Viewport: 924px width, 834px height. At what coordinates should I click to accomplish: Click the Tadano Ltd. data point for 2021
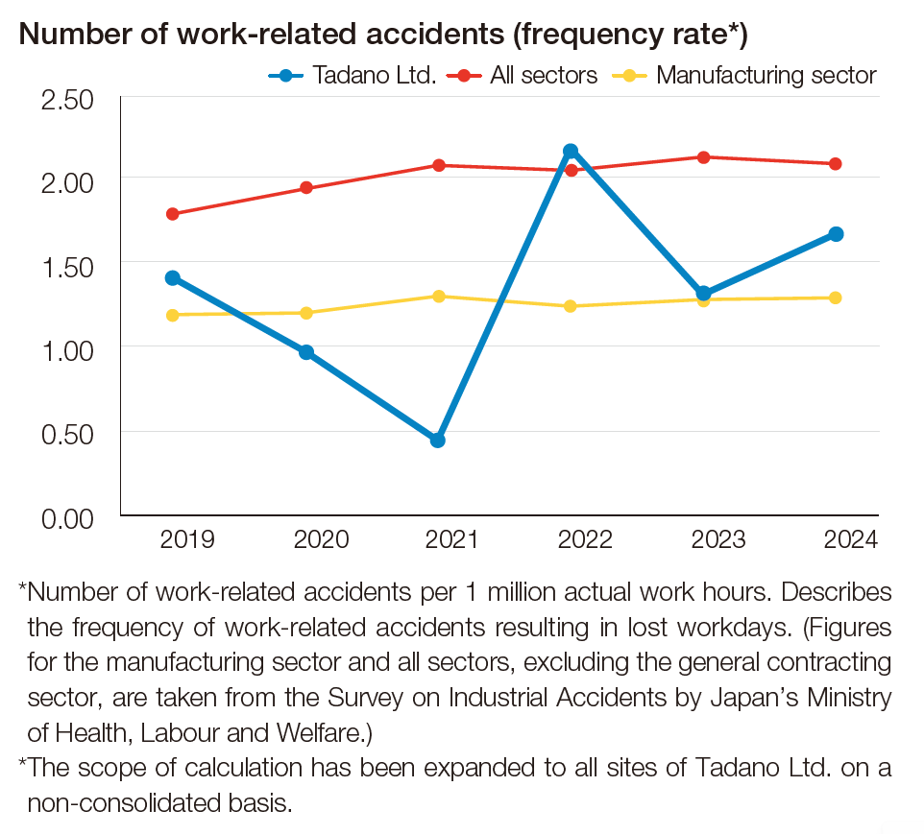(438, 441)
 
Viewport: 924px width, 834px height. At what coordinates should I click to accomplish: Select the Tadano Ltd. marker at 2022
(571, 151)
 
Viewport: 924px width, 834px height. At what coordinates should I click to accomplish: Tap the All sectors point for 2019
(173, 214)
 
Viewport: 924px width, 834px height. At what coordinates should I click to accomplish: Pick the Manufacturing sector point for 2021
(438, 296)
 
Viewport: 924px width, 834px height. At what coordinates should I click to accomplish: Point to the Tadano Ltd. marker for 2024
(836, 234)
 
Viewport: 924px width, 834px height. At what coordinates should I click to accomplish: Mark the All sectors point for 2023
(703, 157)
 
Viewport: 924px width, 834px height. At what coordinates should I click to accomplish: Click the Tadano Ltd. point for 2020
(306, 352)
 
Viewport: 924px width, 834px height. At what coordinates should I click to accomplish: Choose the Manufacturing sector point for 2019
(173, 315)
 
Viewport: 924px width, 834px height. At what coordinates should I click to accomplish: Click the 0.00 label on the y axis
(66, 518)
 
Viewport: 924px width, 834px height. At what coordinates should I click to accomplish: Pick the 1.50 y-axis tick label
(66, 266)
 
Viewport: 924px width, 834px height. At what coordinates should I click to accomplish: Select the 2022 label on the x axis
(585, 539)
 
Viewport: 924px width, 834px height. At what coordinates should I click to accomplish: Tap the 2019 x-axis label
(187, 539)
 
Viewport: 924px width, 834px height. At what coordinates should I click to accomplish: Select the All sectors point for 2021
(438, 165)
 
